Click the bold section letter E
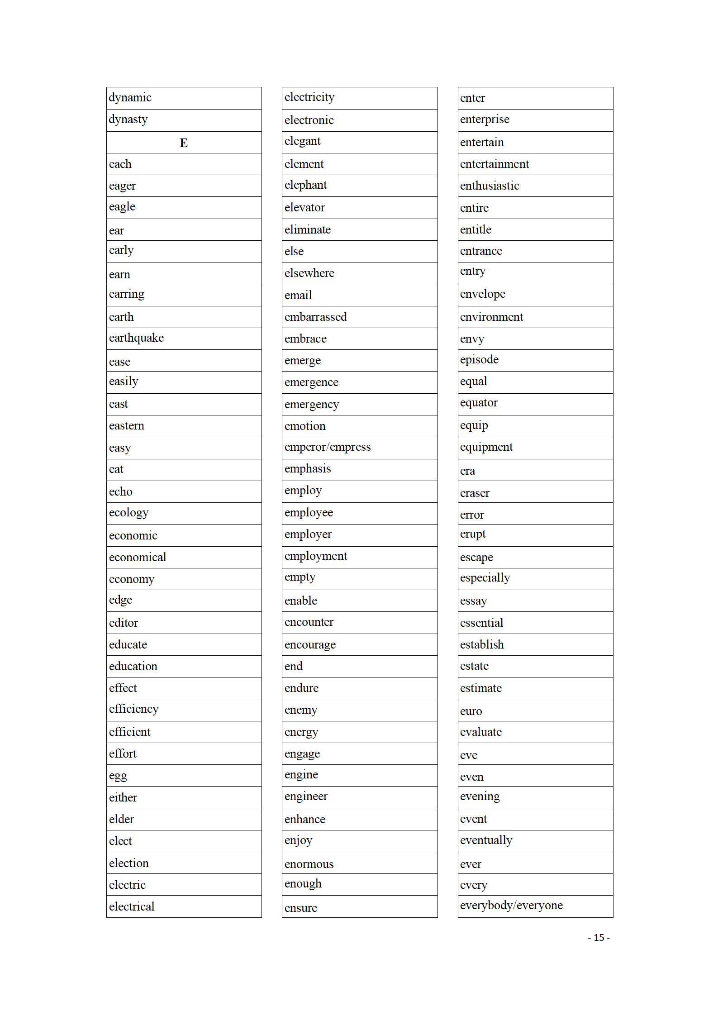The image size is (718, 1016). click(183, 143)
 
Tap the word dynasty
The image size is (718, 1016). click(128, 119)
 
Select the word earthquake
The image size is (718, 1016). click(136, 338)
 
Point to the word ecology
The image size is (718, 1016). click(128, 513)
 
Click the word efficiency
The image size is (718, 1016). click(133, 709)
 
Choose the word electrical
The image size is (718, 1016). click(132, 906)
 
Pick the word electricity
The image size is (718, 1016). click(309, 97)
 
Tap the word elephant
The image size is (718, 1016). click(305, 185)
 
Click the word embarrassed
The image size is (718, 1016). click(315, 317)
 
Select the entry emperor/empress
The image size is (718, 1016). click(327, 447)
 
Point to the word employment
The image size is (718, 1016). click(316, 556)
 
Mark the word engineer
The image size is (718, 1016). click(306, 797)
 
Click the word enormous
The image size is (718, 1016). click(309, 864)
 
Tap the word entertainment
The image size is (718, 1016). click(494, 164)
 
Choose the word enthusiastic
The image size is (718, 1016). click(490, 186)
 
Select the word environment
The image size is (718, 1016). click(491, 317)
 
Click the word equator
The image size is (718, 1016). click(479, 403)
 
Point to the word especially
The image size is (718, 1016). click(485, 578)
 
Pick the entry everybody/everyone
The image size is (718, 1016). click(511, 905)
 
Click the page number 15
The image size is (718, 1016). click(599, 938)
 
